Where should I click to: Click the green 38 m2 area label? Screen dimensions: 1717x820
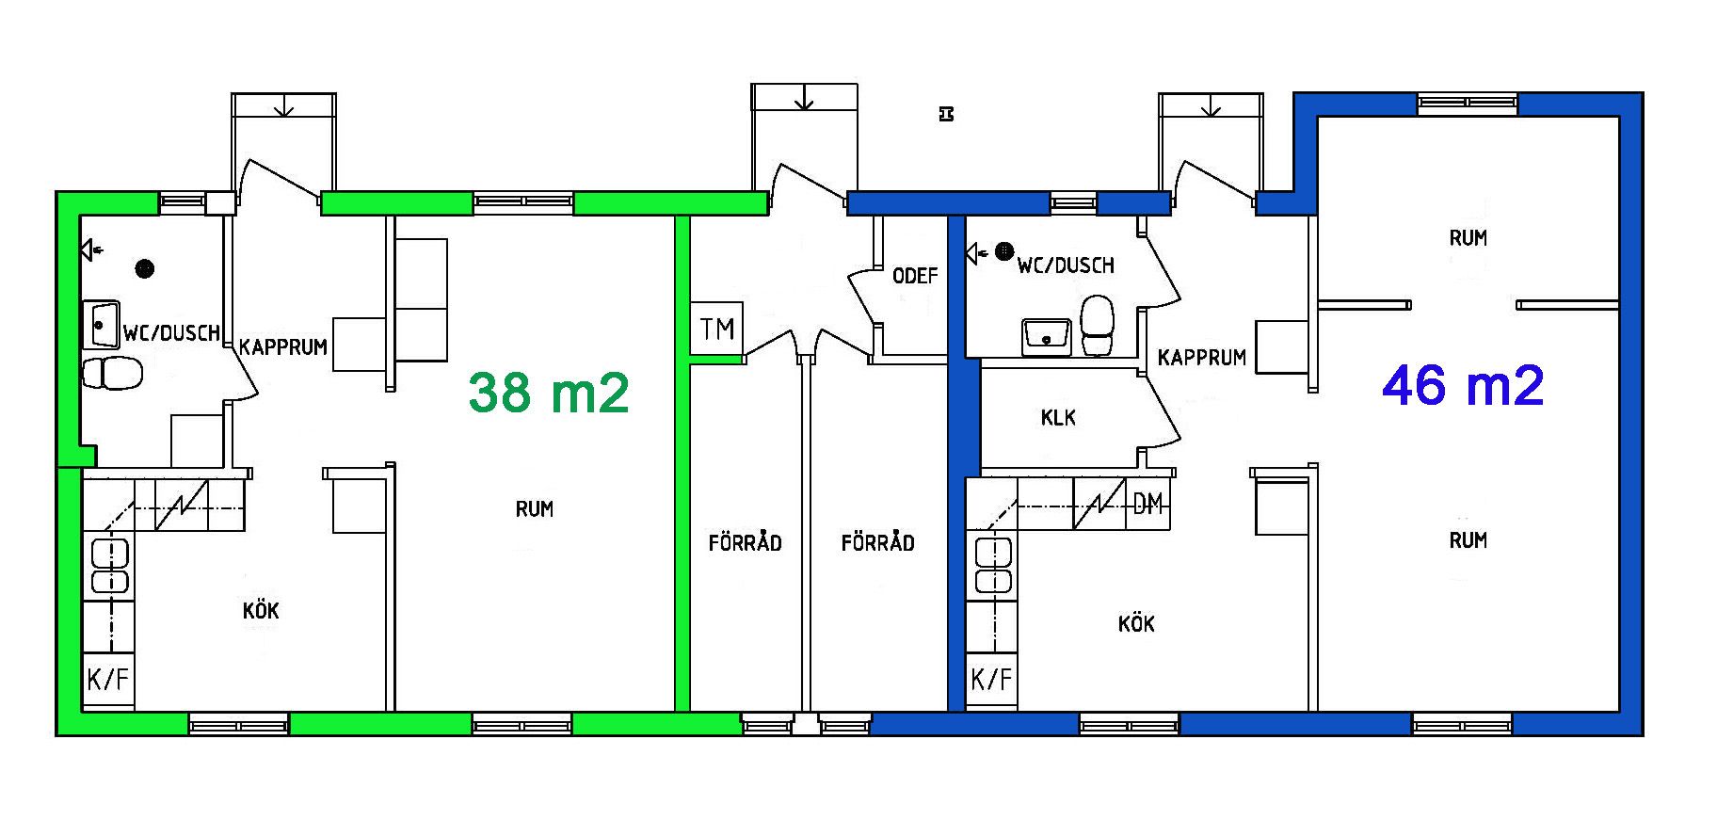(x=549, y=393)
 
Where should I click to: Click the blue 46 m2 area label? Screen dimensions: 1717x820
(x=1463, y=385)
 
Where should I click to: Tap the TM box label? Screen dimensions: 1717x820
(x=717, y=330)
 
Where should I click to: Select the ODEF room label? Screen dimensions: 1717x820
(x=915, y=276)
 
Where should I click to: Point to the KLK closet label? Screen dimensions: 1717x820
(x=1058, y=417)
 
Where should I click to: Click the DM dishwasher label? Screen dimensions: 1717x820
(x=1147, y=505)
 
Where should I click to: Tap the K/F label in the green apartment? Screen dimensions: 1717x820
(x=108, y=679)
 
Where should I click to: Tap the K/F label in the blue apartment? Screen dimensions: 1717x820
(x=991, y=679)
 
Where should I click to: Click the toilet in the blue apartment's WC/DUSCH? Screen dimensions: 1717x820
(x=1097, y=326)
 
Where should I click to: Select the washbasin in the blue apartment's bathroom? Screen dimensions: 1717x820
(x=1046, y=336)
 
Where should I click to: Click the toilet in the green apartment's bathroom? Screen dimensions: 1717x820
(x=112, y=373)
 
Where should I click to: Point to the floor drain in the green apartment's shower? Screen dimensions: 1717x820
(x=144, y=268)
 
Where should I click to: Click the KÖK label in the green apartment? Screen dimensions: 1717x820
(x=261, y=610)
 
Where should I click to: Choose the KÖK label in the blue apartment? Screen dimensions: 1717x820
(x=1136, y=623)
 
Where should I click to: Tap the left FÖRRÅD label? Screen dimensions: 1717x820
(x=745, y=542)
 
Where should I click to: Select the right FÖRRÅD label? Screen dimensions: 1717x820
(x=877, y=542)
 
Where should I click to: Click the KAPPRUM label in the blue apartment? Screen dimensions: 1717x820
(x=1202, y=358)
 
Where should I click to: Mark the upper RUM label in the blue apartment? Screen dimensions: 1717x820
(x=1468, y=238)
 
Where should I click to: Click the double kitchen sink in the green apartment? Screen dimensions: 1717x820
(x=110, y=566)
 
